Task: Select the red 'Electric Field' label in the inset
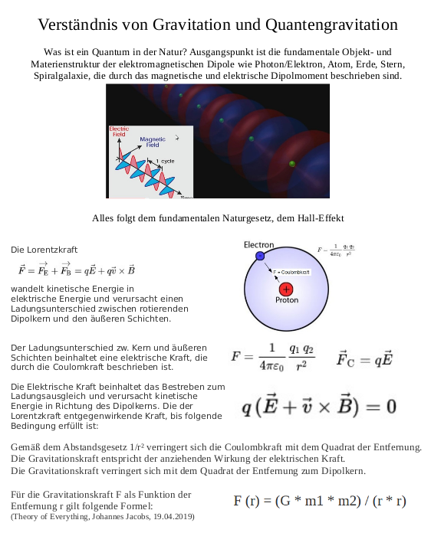coord(120,131)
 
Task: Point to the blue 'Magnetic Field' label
coord(153,142)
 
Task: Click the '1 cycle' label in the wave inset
coord(166,161)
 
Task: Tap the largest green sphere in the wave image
coord(291,164)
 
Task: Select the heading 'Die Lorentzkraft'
coord(44,250)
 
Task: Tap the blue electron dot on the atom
coord(260,255)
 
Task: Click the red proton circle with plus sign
coord(287,289)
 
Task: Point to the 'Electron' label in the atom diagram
coord(258,245)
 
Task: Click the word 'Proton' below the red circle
coord(287,300)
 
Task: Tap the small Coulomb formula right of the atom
coord(336,250)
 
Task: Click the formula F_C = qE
coord(365,358)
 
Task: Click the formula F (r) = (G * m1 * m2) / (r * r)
coord(320,501)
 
